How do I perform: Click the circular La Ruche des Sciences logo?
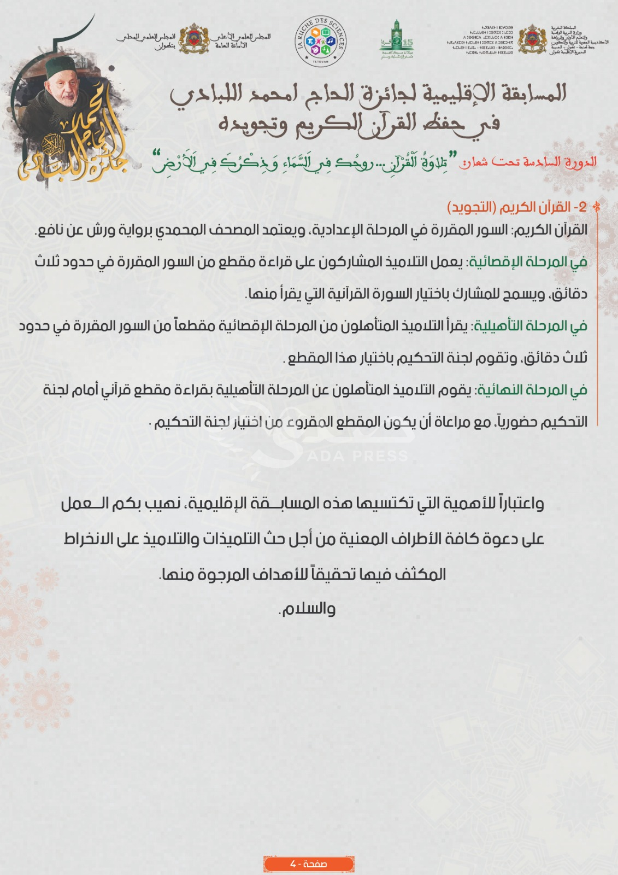[321, 41]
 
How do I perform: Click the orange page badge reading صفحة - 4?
[309, 864]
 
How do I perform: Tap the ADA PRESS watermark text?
[357, 456]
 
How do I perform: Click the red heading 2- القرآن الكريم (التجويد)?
[516, 207]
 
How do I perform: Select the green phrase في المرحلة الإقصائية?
[528, 262]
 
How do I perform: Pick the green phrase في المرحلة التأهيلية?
[530, 326]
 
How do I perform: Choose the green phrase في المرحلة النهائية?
[532, 390]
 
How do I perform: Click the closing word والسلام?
[307, 609]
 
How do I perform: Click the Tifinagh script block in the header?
[480, 39]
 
